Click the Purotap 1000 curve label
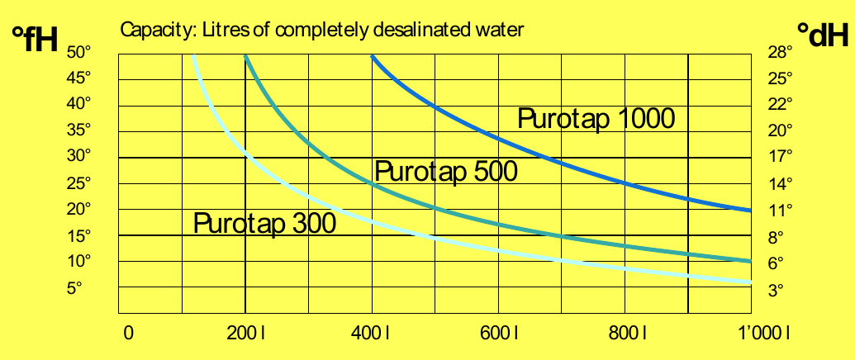[596, 119]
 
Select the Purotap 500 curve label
[446, 172]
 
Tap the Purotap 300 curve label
[264, 223]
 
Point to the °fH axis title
[35, 38]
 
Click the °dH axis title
[822, 36]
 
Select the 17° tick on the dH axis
[781, 156]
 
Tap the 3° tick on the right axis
[777, 289]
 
